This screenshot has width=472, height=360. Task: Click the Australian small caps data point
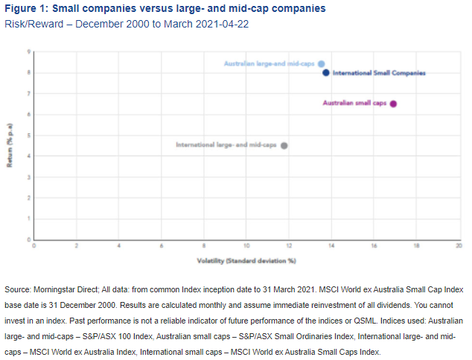pos(393,104)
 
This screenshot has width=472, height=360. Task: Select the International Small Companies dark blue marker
pos(326,73)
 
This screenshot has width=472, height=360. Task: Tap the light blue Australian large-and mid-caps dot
pos(321,64)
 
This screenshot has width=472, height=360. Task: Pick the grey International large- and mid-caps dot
pos(284,146)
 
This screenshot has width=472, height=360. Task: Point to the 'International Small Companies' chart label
pos(378,73)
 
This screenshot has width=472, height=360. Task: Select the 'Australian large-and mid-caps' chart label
pos(269,64)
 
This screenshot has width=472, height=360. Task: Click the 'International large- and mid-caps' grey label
pos(226,145)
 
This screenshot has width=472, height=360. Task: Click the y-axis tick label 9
pos(29,52)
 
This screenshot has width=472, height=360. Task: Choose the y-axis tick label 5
pos(29,135)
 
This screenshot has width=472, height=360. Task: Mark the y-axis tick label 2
pos(29,198)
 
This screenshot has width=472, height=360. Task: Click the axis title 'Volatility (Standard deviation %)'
pos(246,261)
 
